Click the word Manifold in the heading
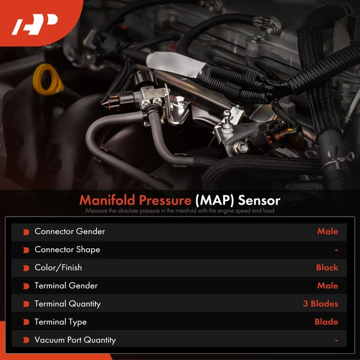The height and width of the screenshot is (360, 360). coord(107,199)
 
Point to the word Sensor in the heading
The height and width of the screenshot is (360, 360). coord(258,199)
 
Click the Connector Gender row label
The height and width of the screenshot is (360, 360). coord(70,232)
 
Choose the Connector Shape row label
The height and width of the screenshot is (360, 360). coord(67,250)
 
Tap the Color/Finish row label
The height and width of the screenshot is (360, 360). coord(58,268)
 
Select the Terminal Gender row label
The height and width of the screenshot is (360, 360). coord(66,286)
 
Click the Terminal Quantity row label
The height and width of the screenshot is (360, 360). coord(68,304)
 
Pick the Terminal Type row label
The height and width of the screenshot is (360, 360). coord(61,322)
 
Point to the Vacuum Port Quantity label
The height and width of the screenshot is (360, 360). coord(75,340)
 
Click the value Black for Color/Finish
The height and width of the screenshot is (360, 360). coord(327,268)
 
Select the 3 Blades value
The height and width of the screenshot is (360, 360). coord(320,304)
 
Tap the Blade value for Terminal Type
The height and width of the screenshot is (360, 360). coord(326,322)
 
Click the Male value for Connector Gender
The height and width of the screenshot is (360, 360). coord(328,232)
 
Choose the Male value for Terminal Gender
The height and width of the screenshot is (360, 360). coord(328,286)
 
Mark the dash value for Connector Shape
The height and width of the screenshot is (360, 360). coord(337,250)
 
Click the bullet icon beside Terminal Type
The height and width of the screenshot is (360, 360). coord(26,322)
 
